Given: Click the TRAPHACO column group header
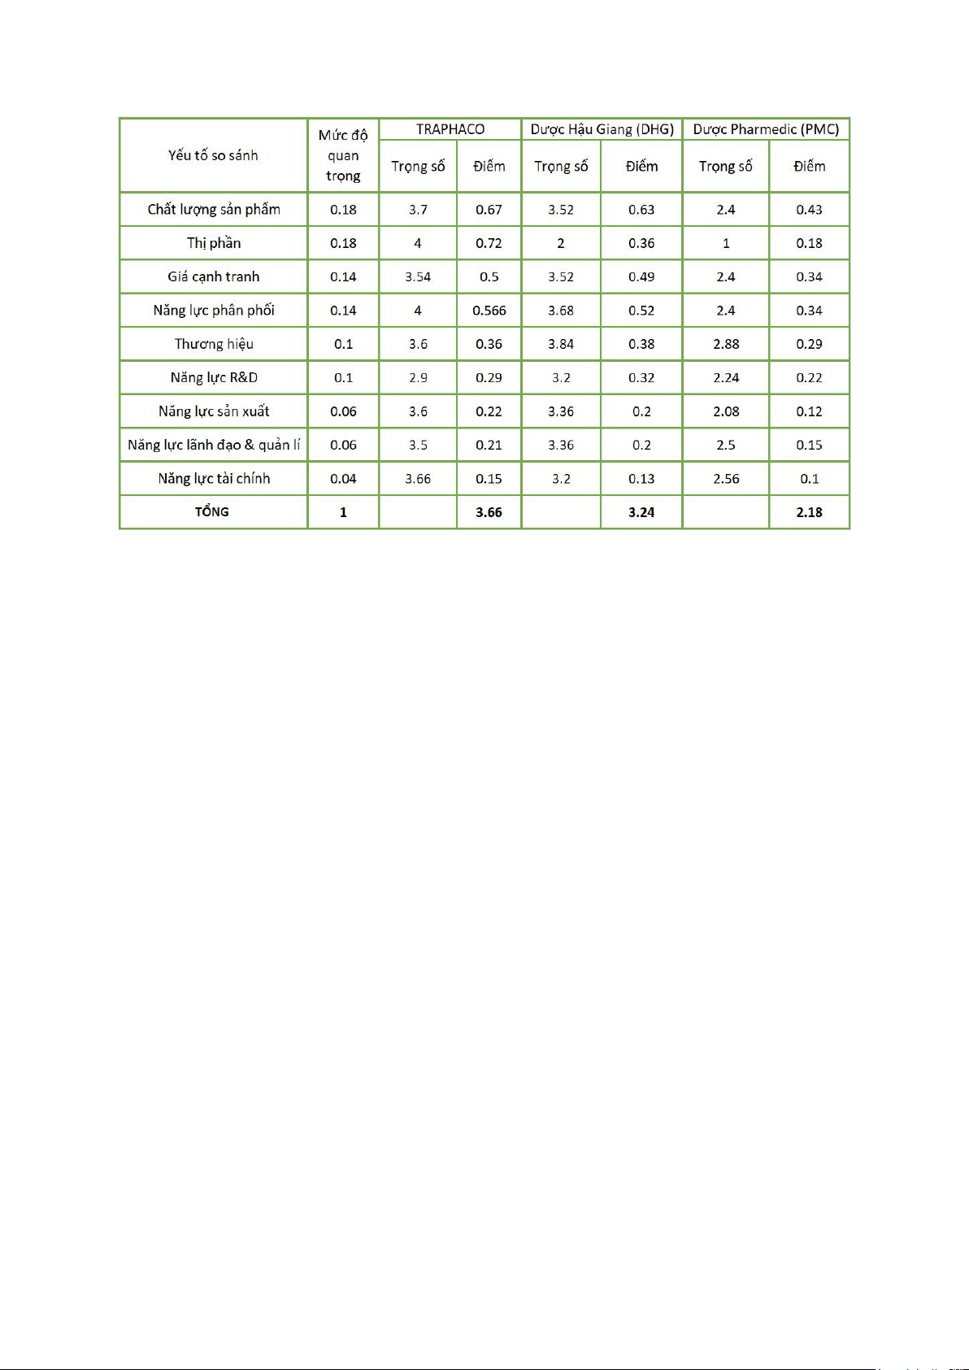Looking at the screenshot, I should tap(450, 129).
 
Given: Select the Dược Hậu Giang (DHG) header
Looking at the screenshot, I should tap(602, 129).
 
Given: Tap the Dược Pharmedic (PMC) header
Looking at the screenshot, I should tap(766, 129).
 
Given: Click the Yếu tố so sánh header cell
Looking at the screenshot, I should tap(213, 155).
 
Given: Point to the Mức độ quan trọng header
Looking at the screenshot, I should tap(343, 155).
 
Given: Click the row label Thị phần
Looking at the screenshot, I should tap(214, 243).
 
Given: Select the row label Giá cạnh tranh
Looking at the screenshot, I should tap(214, 276).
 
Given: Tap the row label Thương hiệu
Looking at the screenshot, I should tap(214, 344).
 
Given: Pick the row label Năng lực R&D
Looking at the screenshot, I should tap(214, 377).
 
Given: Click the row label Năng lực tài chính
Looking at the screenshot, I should tap(214, 478).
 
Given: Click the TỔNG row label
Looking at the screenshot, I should tap(212, 511).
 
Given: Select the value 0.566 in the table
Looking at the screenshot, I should tap(489, 311).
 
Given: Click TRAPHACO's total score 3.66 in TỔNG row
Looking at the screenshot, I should tap(489, 512).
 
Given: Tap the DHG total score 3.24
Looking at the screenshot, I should tap(641, 512).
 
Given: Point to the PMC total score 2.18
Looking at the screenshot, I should tap(809, 512).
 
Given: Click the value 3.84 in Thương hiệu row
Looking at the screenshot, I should tap(561, 344).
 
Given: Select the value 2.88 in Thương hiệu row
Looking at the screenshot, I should tap(726, 344).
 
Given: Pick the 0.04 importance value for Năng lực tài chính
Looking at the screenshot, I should tap(343, 478).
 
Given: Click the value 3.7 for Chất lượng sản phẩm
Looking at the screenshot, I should tap(418, 210).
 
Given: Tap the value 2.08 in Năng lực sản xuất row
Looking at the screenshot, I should tap(726, 411).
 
